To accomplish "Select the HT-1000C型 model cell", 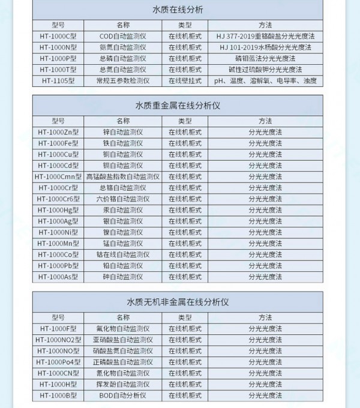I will [x=58, y=36].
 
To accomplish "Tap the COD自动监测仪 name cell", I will [x=122, y=36].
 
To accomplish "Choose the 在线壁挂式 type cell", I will [x=185, y=80].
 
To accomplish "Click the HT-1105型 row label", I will [x=58, y=80].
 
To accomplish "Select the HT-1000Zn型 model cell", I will [x=58, y=132].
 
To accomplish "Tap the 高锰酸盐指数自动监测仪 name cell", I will [x=122, y=176].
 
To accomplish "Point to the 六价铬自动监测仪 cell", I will [x=122, y=199].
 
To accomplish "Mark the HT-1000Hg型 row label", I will [x=58, y=210].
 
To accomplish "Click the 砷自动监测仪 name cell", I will [x=122, y=277].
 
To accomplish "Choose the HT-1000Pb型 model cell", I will [x=58, y=265].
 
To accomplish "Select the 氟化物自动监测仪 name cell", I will [x=122, y=329].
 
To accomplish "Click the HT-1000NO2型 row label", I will [x=58, y=340].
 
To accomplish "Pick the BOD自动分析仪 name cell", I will [x=122, y=395].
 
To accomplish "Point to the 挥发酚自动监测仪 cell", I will [x=122, y=384].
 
